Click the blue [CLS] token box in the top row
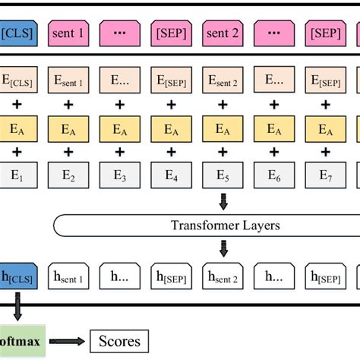point(16,34)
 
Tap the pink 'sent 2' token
point(223,34)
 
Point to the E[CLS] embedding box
point(17,79)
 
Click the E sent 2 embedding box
point(223,79)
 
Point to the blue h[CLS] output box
point(17,276)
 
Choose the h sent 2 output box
point(223,276)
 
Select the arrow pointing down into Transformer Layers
point(223,202)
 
